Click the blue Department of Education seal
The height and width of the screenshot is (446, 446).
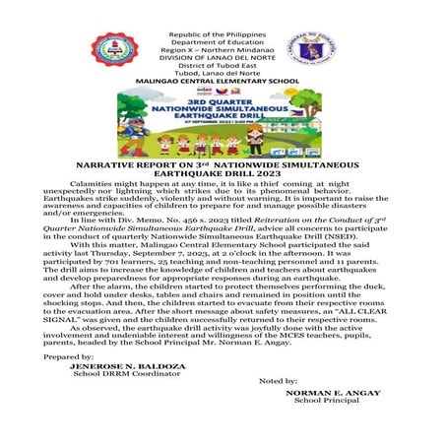coord(332,51)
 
